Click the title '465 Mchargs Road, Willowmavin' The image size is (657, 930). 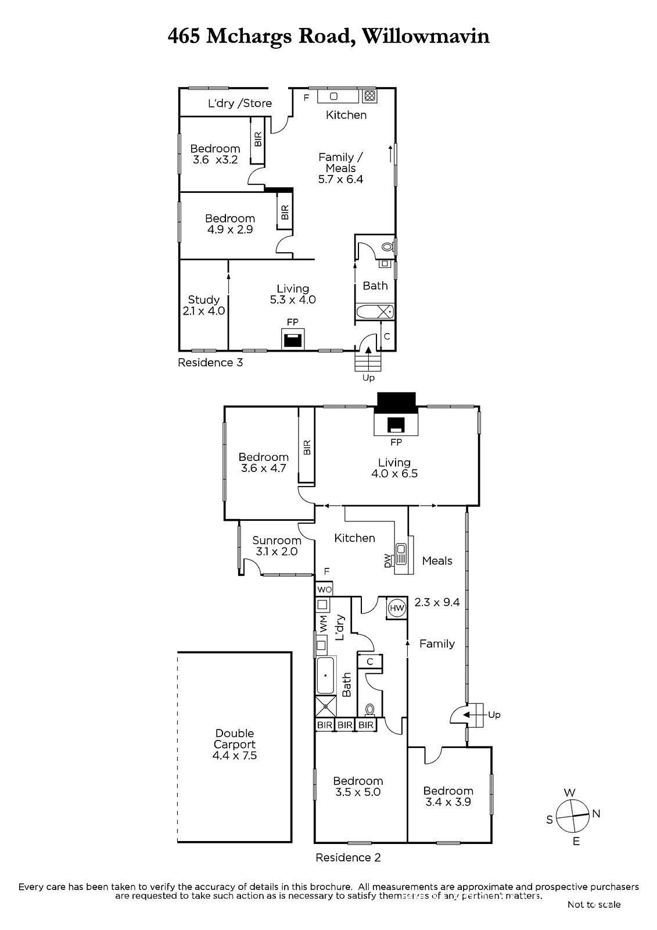(x=328, y=37)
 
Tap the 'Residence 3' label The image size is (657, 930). (x=210, y=363)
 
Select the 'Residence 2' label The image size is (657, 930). (x=348, y=857)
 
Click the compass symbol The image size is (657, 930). (x=573, y=816)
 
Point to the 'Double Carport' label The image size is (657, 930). (x=235, y=739)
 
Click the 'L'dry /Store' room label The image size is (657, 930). (x=240, y=103)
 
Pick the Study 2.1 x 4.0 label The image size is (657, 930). (x=203, y=305)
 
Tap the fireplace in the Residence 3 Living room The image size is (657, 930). (x=293, y=339)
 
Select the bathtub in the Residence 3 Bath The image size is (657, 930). (x=374, y=312)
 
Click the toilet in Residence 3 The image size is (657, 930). (x=387, y=247)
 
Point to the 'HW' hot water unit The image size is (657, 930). (x=397, y=608)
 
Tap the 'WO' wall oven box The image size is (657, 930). (x=324, y=589)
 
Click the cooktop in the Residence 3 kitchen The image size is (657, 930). (x=369, y=96)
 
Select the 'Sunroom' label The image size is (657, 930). (x=277, y=540)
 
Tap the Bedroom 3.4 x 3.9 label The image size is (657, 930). (x=448, y=796)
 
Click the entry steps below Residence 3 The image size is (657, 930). (x=368, y=361)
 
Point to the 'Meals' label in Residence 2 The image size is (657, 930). (x=437, y=561)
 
